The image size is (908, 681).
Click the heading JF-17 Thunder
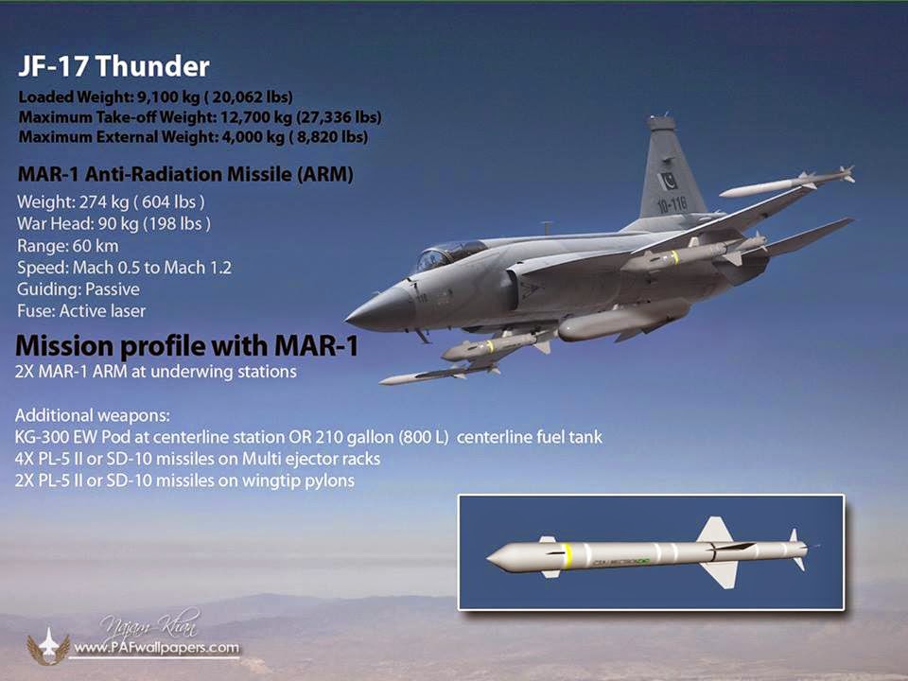[113, 66]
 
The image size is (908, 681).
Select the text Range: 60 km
[68, 246]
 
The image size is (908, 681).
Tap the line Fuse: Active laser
[81, 311]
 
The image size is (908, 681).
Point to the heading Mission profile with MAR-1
[187, 346]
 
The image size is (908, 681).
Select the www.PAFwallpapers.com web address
[156, 647]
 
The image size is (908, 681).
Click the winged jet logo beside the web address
[48, 646]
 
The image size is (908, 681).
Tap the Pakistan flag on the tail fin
[669, 181]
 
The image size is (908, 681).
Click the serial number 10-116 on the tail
[672, 204]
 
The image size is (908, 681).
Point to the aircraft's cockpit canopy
[447, 254]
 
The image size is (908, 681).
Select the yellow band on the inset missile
[567, 555]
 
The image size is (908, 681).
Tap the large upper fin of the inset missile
[715, 531]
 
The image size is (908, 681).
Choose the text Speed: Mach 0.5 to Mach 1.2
[124, 268]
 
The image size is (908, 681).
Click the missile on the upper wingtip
[786, 183]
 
